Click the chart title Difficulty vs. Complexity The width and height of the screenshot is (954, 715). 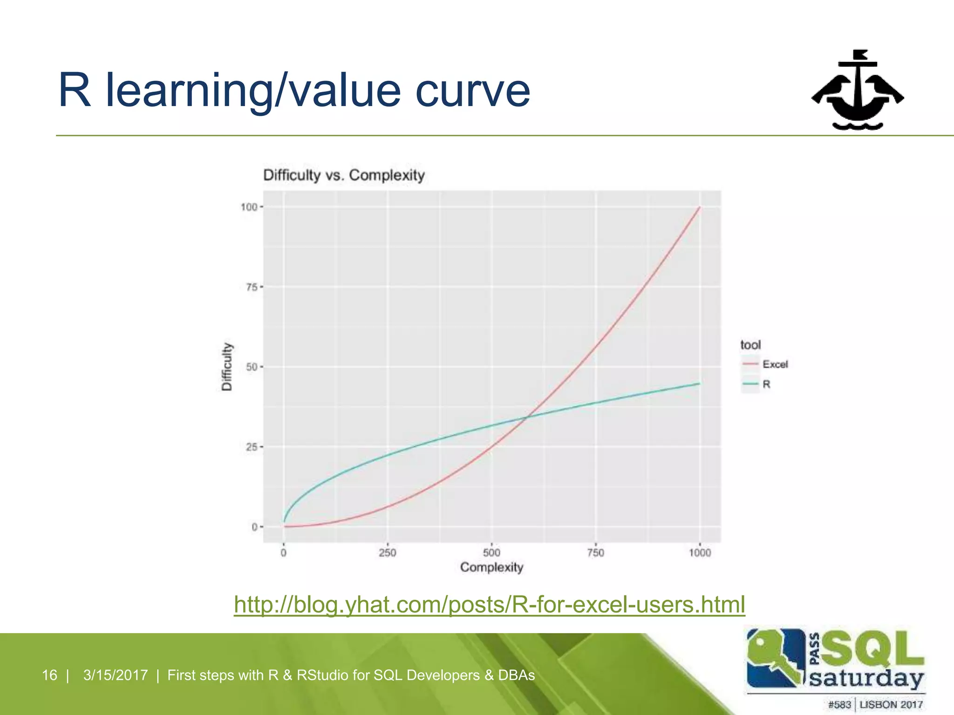[344, 175]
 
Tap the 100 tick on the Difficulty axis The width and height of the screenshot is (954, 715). [249, 207]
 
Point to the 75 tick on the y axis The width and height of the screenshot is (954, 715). [252, 287]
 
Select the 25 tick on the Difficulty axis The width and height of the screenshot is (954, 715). [252, 447]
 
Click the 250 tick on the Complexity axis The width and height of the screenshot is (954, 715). [387, 553]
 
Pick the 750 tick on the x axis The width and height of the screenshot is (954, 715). [595, 553]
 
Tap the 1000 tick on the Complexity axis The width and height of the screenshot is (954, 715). [700, 553]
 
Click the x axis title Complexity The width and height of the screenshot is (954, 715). [491, 567]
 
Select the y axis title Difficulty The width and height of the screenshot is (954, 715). [227, 367]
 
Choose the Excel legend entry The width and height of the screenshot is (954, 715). [775, 364]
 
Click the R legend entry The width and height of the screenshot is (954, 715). [766, 384]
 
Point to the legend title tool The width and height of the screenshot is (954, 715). [750, 345]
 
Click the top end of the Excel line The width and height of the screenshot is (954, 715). [699, 208]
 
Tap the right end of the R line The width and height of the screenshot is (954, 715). [699, 384]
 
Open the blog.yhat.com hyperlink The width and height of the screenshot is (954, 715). [489, 605]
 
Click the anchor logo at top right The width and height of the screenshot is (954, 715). [858, 91]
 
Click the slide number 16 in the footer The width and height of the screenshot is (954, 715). [49, 675]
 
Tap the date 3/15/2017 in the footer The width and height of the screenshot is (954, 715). [116, 675]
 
